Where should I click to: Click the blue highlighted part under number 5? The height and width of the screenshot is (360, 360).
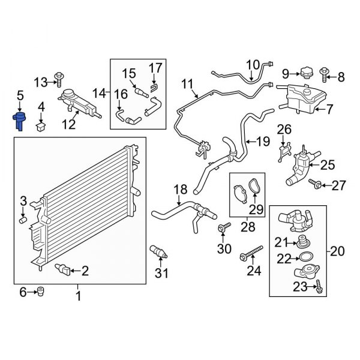(20, 119)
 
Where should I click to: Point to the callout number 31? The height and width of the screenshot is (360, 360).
(160, 274)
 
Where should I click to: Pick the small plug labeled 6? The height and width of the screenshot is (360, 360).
(41, 292)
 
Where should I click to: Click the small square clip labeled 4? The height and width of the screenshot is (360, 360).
(41, 126)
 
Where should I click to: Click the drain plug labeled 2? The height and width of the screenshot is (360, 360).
(64, 269)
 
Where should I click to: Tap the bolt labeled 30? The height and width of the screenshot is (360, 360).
(226, 227)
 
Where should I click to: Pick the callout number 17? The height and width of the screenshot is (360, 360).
(155, 67)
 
